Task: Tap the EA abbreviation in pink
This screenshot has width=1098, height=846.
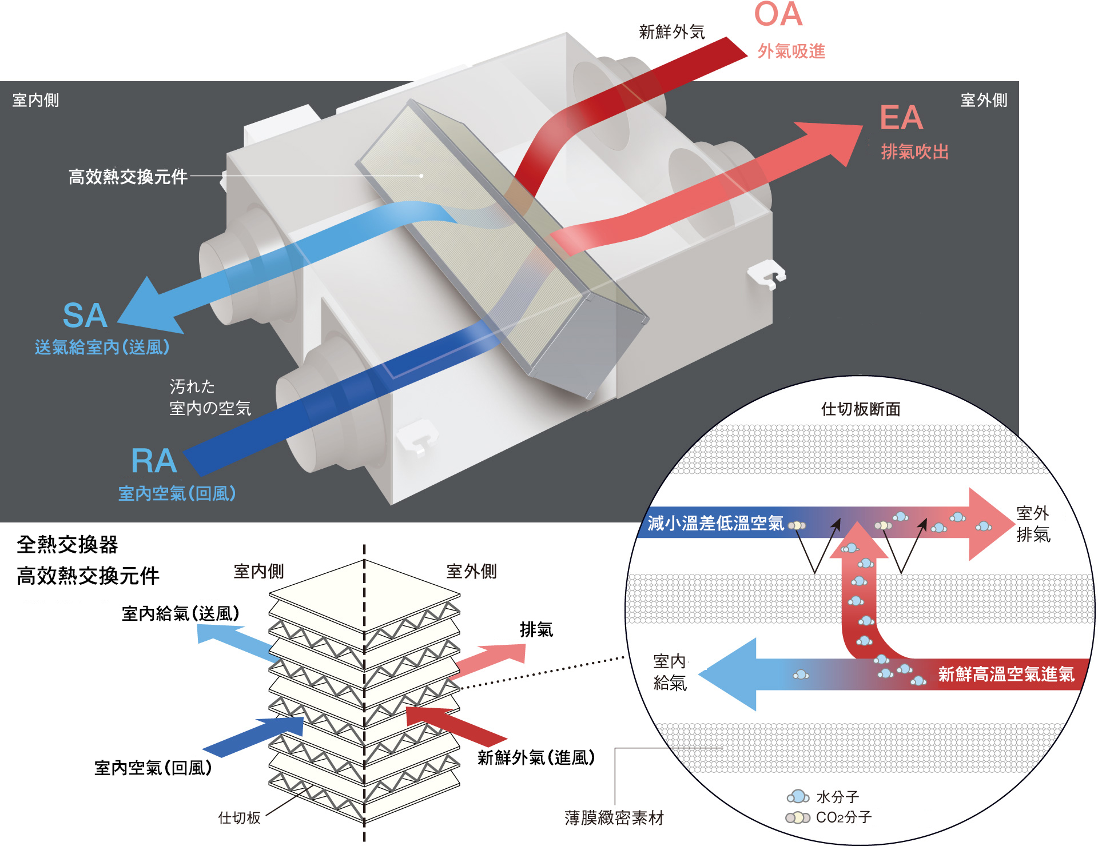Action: point(901,118)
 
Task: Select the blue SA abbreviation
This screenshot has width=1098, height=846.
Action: point(85,316)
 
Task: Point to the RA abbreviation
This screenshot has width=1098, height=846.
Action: point(154,461)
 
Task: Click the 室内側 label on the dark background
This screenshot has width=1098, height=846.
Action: point(36,101)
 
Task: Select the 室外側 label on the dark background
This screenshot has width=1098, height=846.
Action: point(984,101)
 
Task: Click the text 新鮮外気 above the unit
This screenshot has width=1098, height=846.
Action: point(672,32)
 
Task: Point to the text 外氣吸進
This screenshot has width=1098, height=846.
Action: point(791,51)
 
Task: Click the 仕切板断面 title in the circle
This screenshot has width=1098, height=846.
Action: point(861,409)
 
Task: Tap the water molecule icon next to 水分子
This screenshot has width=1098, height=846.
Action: point(798,796)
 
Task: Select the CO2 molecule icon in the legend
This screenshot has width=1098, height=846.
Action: point(798,817)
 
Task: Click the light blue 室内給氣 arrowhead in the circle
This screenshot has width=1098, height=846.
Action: point(728,675)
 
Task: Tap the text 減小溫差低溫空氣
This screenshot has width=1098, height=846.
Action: point(715,523)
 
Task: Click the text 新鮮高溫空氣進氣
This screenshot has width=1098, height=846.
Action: point(1006,675)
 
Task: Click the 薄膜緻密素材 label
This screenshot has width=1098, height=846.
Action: point(614,818)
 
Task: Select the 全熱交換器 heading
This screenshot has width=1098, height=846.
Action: point(67,545)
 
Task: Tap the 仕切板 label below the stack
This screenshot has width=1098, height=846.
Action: point(240,817)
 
